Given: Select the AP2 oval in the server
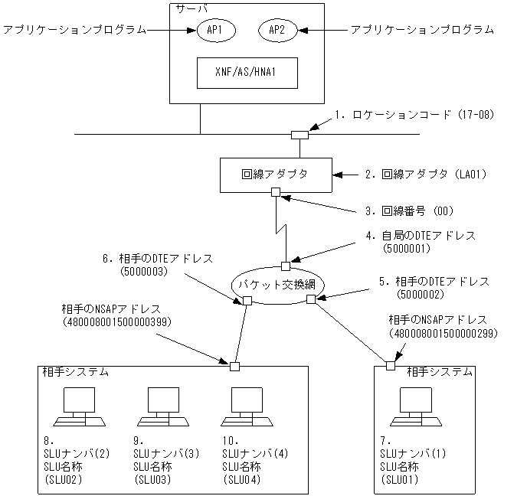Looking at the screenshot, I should tap(276, 30).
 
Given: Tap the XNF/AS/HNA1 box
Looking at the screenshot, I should tap(247, 73).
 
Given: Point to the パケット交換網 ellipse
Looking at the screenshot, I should tap(277, 284).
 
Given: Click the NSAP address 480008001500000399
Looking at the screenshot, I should tap(116, 323).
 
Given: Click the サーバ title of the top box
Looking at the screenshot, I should tap(188, 8).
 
